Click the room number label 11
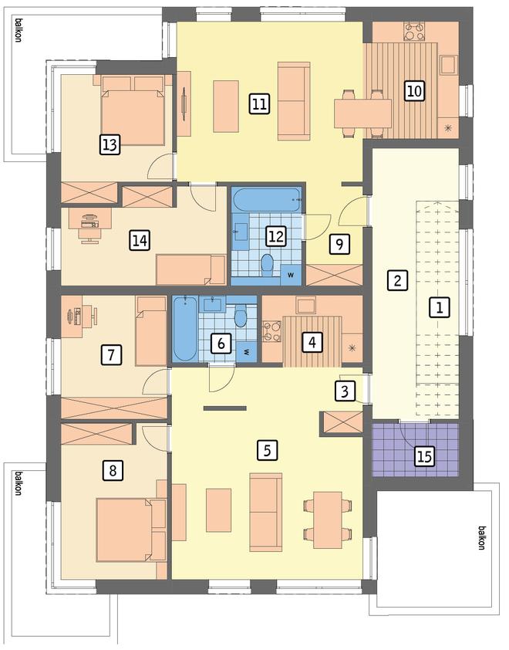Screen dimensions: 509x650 tap(260, 103)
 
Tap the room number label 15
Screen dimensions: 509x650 tap(426, 456)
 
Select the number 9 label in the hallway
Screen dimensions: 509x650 tap(339, 244)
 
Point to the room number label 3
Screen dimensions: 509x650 tap(345, 391)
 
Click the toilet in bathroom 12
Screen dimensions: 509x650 tap(268, 266)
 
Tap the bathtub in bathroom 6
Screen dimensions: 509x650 tap(185, 329)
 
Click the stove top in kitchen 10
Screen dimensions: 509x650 tap(415, 32)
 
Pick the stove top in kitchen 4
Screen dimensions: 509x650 tap(272, 331)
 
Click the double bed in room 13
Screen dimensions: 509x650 tap(132, 110)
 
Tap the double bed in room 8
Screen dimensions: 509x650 tap(131, 530)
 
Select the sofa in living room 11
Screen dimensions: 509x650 tap(294, 101)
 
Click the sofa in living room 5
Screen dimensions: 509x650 tap(266, 513)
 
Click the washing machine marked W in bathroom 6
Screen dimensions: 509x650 tap(247, 352)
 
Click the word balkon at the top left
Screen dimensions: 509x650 tap(18, 29)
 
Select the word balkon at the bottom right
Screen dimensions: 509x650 tap(482, 537)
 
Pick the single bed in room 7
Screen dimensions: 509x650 tap(152, 331)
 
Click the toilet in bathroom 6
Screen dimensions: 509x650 tap(240, 316)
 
